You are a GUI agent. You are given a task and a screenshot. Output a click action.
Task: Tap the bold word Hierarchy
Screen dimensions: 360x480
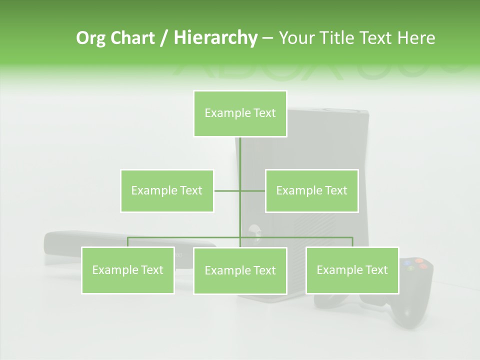(x=215, y=38)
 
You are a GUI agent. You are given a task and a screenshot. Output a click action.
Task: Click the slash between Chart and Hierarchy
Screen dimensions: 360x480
(x=163, y=38)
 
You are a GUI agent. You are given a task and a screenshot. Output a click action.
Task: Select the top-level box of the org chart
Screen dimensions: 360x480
(x=240, y=113)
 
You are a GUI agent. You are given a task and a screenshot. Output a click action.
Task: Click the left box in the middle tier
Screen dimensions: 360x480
(x=167, y=190)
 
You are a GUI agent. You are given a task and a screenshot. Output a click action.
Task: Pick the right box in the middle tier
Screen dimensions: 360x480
(x=311, y=190)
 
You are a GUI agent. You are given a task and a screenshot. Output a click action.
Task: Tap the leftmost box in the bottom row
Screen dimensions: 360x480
(x=128, y=270)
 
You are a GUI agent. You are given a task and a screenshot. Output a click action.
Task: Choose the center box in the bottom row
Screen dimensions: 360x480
(x=240, y=270)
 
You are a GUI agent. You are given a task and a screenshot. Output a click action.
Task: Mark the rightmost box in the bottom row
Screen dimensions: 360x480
(x=352, y=270)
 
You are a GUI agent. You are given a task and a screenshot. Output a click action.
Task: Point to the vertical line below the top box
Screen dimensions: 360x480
(x=240, y=155)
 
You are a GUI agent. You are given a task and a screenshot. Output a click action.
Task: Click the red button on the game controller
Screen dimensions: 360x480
(x=423, y=266)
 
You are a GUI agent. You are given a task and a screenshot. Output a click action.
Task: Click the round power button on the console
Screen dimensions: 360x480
(x=253, y=230)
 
